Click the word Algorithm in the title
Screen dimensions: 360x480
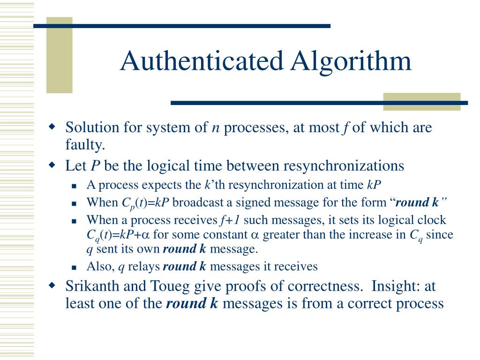click(x=351, y=61)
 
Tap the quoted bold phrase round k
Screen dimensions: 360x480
click(x=417, y=202)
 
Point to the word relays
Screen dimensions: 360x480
click(x=144, y=267)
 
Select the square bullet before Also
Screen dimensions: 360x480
click(x=74, y=267)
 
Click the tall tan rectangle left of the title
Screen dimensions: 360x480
click(x=59, y=55)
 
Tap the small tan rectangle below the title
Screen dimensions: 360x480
click(x=421, y=101)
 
